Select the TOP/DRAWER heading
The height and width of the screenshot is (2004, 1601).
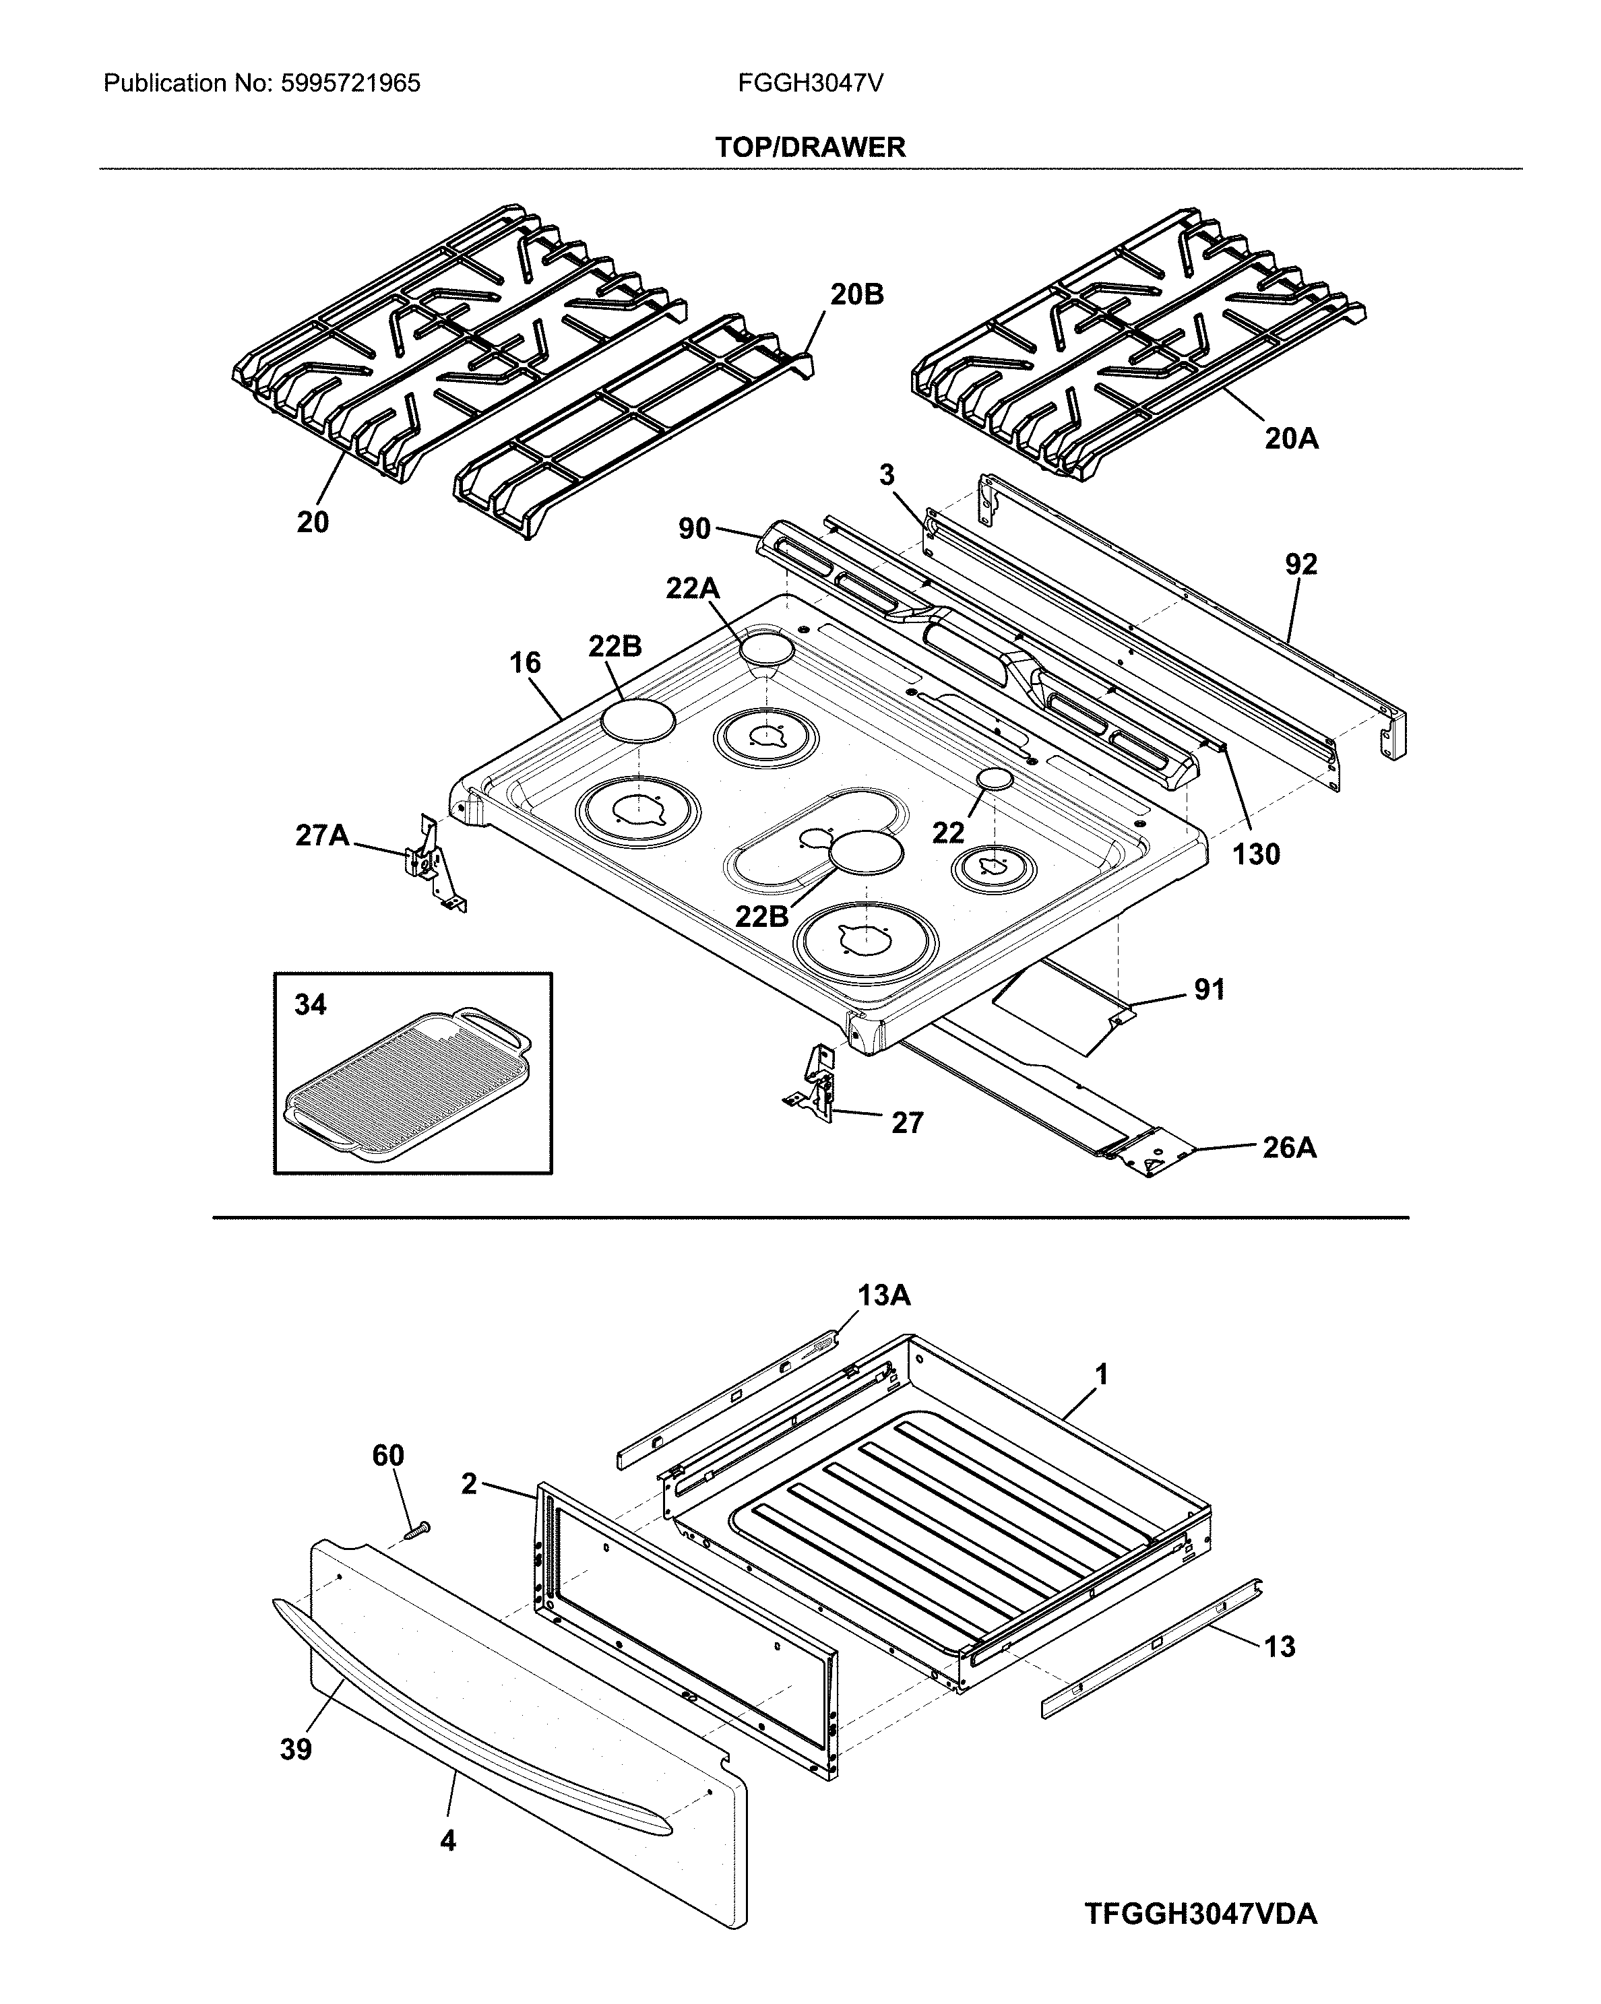(x=810, y=147)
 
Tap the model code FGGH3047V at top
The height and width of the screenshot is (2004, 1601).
(x=810, y=84)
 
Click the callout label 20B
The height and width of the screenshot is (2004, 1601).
(x=856, y=294)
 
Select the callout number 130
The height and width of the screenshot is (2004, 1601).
(x=1256, y=854)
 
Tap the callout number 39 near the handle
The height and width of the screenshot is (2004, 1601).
(x=296, y=1749)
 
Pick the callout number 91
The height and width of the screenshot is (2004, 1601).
(x=1209, y=990)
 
